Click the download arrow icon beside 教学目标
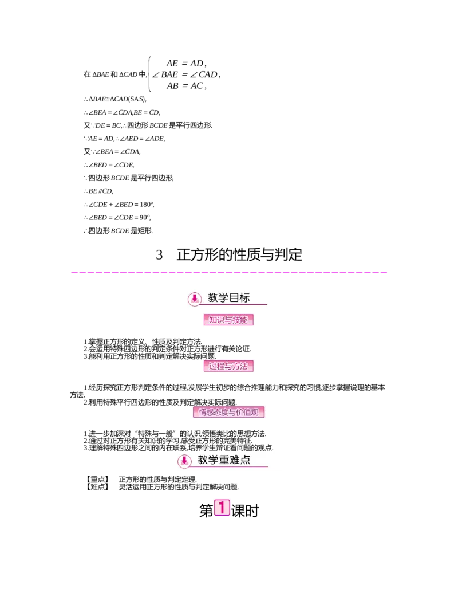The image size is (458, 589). [195, 299]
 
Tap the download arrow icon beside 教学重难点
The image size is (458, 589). [184, 461]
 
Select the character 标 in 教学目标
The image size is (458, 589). [245, 298]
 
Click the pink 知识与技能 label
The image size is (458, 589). [228, 320]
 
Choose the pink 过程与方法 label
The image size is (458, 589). [228, 366]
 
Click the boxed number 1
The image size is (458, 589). [222, 507]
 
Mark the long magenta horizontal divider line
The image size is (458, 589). [229, 272]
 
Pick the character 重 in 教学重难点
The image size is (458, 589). [225, 460]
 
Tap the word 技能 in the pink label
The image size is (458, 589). [241, 320]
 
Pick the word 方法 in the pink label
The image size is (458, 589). [241, 366]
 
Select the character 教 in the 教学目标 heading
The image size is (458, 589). [214, 298]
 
